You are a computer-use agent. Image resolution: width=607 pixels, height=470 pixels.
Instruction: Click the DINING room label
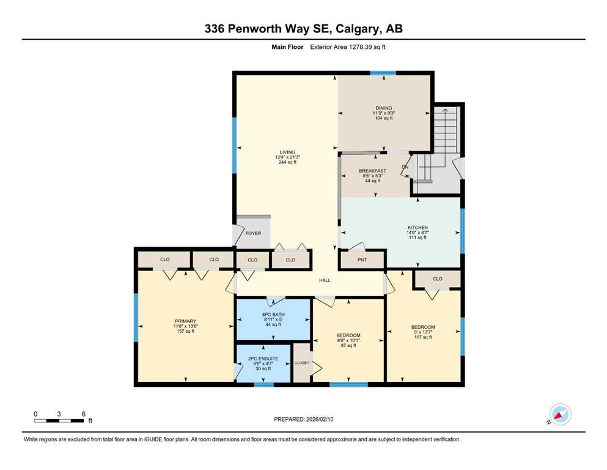click(x=384, y=108)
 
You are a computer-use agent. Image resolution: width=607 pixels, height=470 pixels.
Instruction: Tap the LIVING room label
click(x=288, y=152)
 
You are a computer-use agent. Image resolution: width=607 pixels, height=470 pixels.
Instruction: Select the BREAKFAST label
click(x=372, y=171)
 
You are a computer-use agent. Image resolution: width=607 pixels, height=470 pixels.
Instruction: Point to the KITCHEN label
click(x=418, y=228)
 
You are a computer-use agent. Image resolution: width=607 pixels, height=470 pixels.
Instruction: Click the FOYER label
click(x=253, y=233)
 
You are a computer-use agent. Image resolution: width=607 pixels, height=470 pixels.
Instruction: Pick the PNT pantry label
click(x=362, y=260)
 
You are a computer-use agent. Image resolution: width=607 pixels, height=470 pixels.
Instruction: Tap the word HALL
click(x=325, y=280)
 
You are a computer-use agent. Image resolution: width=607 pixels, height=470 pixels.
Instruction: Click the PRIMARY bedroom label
click(x=185, y=321)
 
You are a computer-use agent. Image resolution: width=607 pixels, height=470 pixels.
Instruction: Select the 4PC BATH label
click(x=273, y=315)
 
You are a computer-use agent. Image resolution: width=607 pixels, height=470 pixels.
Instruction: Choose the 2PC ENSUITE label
click(x=263, y=359)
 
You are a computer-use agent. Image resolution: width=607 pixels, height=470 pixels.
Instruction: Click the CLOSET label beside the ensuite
click(x=302, y=363)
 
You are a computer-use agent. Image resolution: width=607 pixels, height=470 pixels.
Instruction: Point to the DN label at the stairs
click(x=405, y=167)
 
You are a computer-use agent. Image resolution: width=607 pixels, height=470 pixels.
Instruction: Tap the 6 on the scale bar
click(x=84, y=414)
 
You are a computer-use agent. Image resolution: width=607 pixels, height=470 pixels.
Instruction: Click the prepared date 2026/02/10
click(x=320, y=419)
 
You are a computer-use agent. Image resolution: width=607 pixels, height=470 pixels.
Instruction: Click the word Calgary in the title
click(x=356, y=29)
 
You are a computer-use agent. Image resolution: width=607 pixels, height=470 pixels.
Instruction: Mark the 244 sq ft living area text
click(x=288, y=162)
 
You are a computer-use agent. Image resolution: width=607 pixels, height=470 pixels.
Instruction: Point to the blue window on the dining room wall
click(x=383, y=73)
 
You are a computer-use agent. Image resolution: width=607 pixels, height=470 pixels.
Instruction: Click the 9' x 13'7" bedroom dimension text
click(x=423, y=332)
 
